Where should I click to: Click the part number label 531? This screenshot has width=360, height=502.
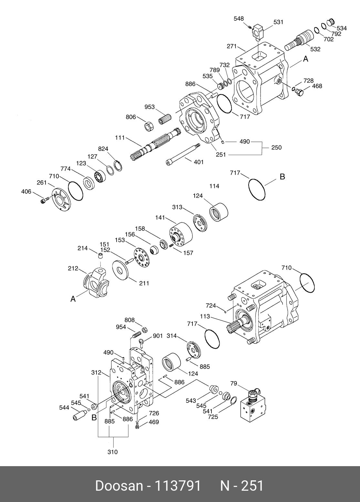(278, 22)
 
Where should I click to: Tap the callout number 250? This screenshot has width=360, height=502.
(276, 148)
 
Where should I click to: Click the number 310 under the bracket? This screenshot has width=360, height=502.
(113, 452)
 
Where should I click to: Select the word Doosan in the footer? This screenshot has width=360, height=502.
(119, 486)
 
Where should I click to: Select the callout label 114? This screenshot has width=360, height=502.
(214, 186)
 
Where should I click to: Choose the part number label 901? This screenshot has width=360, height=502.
(158, 336)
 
